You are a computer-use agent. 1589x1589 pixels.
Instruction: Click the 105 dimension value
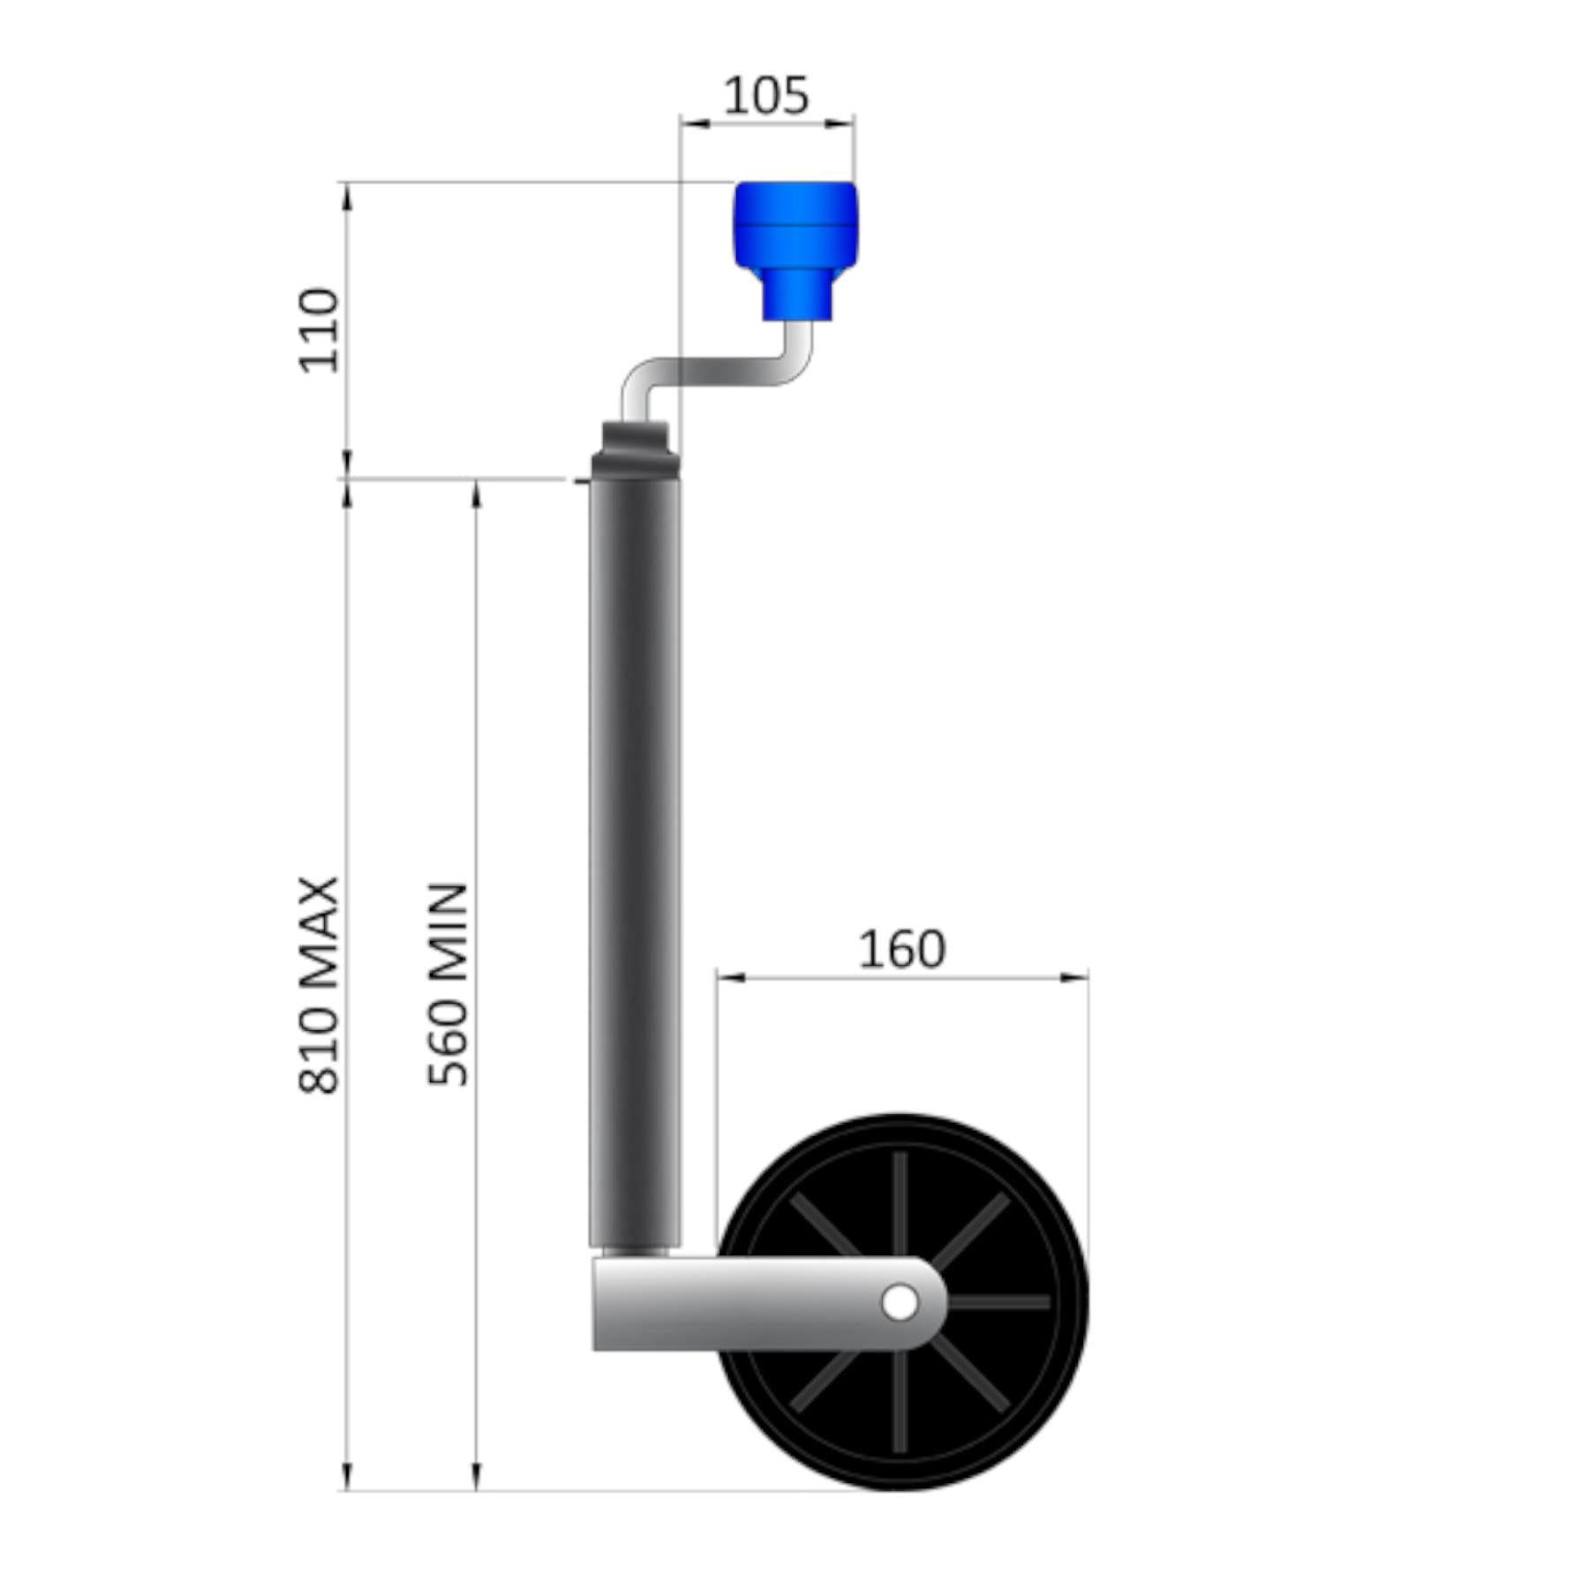pos(765,95)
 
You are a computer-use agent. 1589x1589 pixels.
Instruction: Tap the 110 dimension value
pos(319,330)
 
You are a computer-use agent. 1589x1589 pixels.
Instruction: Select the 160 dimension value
pos(901,950)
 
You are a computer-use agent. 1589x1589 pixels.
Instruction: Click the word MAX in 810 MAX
pos(319,934)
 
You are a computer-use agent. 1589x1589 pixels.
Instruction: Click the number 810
pos(319,1051)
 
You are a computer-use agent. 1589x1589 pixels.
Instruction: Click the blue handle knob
pos(795,251)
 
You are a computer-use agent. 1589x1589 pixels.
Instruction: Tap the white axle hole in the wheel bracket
pos(900,1303)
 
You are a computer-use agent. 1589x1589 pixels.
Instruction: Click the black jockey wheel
pos(902,1303)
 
